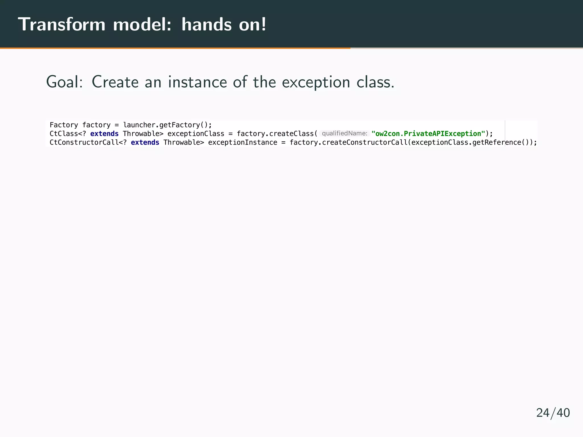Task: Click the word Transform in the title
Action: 61,24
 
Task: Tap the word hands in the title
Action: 207,24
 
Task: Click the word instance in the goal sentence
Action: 197,82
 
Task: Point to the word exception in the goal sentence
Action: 316,82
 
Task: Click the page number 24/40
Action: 553,413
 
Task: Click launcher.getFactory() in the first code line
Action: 167,125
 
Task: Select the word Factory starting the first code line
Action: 64,125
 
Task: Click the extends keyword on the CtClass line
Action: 104,134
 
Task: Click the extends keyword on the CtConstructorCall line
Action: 145,143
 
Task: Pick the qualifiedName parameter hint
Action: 344,133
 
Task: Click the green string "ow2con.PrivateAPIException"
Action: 428,134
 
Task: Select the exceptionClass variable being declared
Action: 196,134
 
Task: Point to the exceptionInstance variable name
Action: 243,143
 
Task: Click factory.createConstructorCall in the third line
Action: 348,143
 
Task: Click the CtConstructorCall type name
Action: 84,143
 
